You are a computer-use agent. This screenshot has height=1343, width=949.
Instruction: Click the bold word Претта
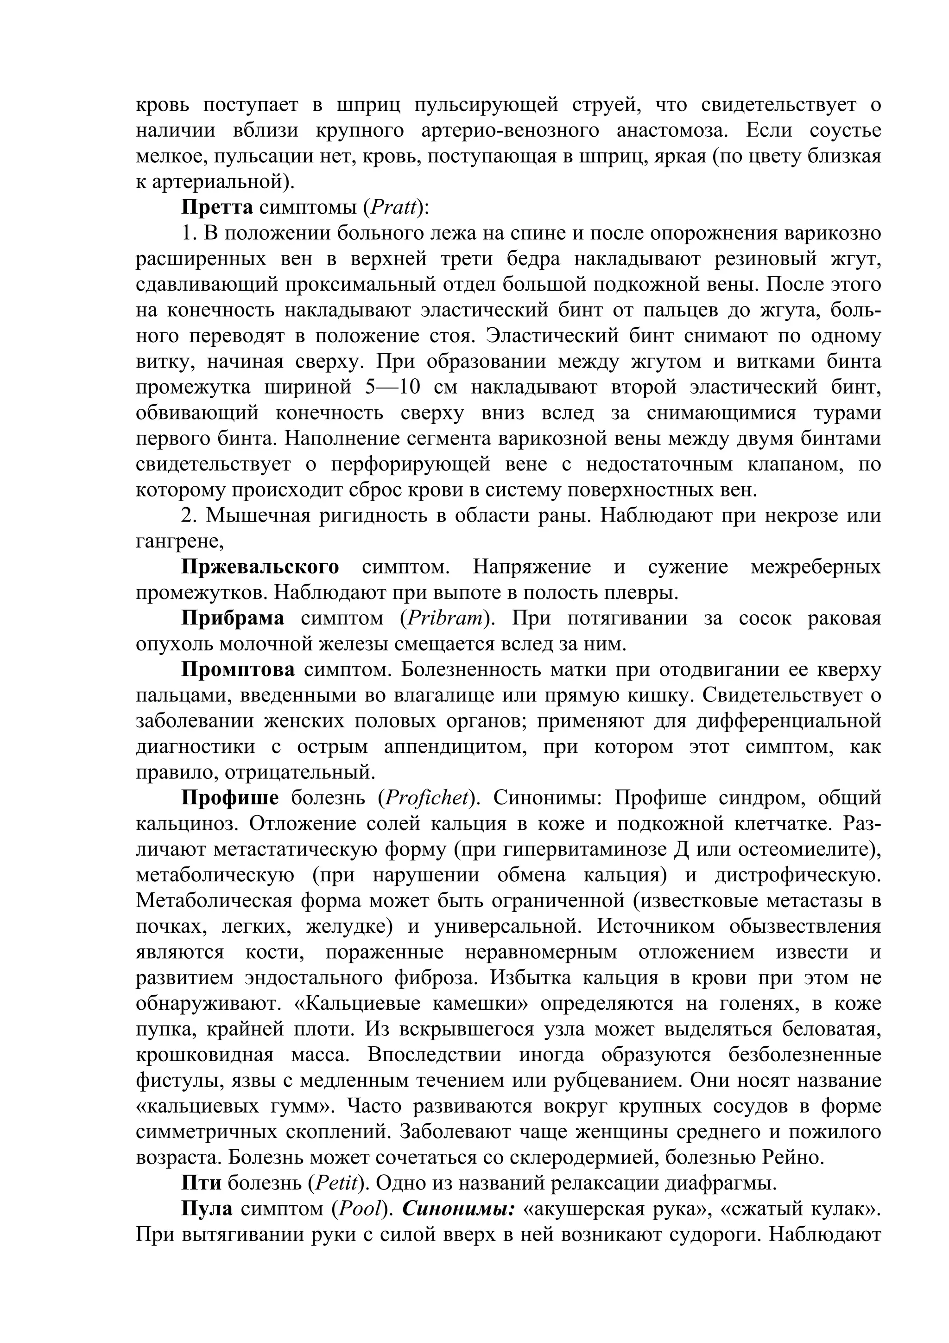(217, 208)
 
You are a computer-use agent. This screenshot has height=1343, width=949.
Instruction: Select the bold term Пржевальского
(260, 567)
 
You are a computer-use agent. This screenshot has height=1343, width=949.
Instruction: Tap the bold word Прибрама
(233, 619)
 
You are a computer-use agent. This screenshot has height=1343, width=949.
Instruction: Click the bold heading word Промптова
(238, 670)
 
